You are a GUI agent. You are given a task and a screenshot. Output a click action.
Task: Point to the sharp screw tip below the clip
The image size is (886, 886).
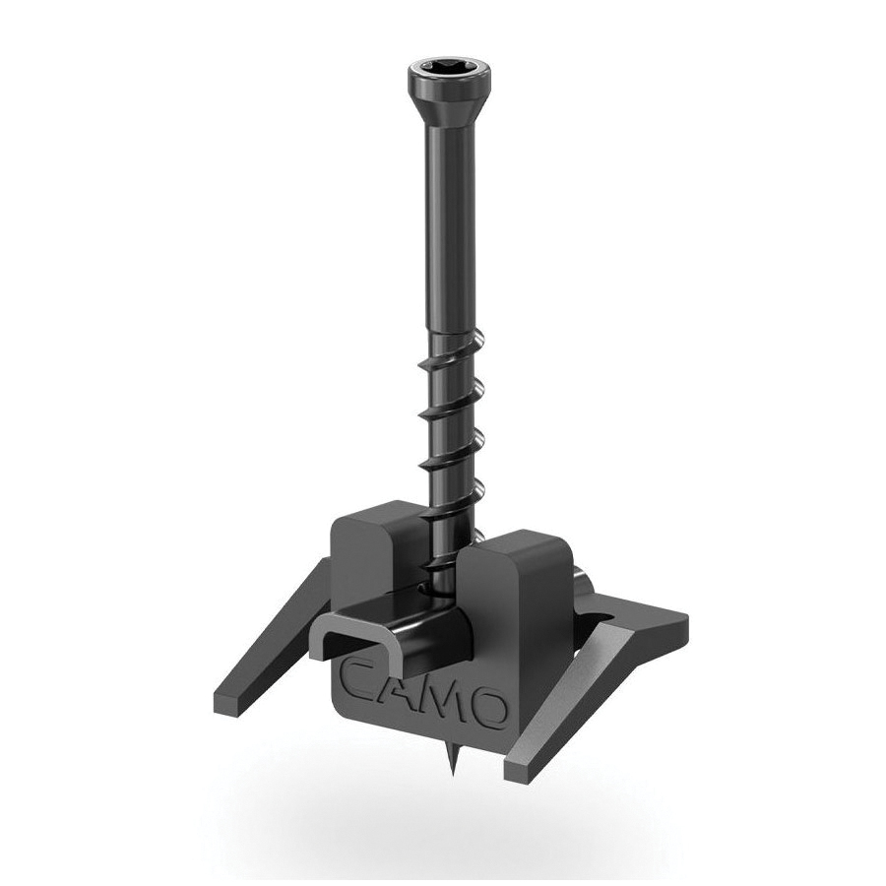click(456, 757)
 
